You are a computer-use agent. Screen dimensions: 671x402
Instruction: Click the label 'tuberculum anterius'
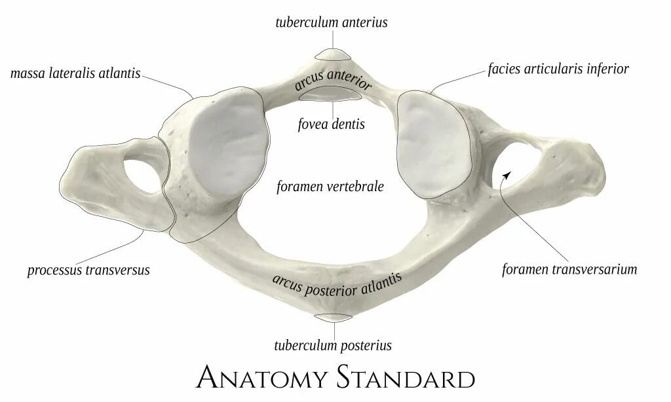331,22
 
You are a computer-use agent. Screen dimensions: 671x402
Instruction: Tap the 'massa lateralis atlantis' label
75,73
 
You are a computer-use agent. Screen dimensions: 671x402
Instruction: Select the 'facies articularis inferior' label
558,69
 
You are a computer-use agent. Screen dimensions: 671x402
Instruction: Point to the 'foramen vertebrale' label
330,187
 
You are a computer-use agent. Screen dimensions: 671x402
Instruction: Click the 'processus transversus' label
88,270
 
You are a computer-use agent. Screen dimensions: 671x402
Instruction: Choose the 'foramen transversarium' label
569,268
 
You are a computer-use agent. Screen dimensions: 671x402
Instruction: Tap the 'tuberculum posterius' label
333,345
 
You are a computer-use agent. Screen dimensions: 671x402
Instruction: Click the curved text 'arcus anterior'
334,82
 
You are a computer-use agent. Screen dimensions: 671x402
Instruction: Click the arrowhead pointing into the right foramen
505,174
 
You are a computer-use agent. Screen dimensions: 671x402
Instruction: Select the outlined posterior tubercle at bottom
334,318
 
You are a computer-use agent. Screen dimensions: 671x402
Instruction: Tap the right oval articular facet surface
432,144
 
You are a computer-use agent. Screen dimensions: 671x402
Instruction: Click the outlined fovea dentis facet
332,96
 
